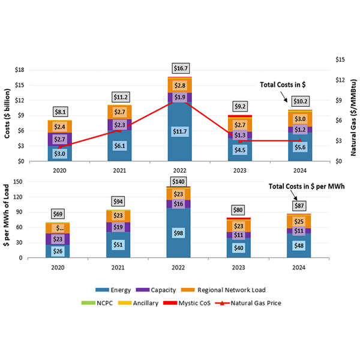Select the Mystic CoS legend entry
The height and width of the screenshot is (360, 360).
212,303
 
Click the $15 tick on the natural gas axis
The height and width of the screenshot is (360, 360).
337,60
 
